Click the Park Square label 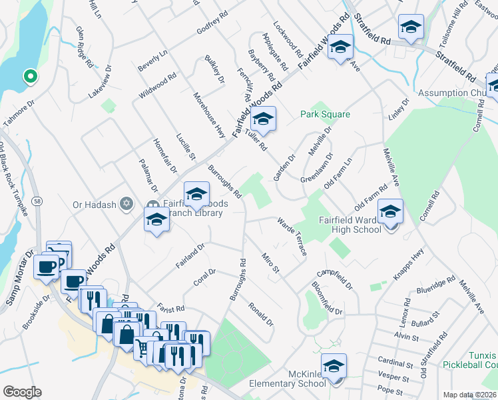pyautogui.click(x=325, y=115)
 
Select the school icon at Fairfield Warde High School pyautogui.click(x=390, y=213)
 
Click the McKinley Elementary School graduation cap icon pyautogui.click(x=334, y=366)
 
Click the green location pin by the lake pyautogui.click(x=29, y=77)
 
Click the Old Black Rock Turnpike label pyautogui.click(x=13, y=179)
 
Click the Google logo pyautogui.click(x=22, y=392)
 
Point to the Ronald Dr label pyautogui.click(x=261, y=314)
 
